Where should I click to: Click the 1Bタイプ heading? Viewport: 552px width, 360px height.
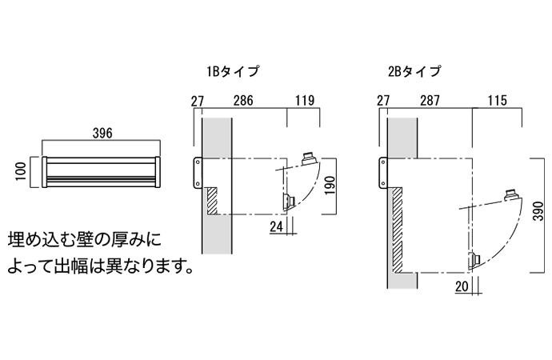pyautogui.click(x=233, y=71)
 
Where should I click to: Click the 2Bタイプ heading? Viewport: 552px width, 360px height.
pyautogui.click(x=414, y=71)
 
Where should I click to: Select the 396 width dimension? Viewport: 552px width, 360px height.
pyautogui.click(x=102, y=134)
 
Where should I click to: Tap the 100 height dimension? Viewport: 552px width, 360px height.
pyautogui.click(x=22, y=171)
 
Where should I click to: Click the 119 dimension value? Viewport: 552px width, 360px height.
pyautogui.click(x=303, y=101)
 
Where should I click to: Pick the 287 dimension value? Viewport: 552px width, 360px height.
pyautogui.click(x=429, y=101)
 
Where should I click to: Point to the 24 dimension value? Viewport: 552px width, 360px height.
pyautogui.click(x=276, y=226)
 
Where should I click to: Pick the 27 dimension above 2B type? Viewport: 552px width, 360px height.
pyautogui.click(x=382, y=101)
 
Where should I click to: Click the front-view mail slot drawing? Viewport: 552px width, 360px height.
pyautogui.click(x=102, y=171)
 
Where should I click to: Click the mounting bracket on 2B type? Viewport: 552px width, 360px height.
pyautogui.click(x=382, y=174)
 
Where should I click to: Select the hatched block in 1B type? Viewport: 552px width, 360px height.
pyautogui.click(x=212, y=200)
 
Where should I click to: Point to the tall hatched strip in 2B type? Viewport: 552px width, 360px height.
pyautogui.click(x=396, y=228)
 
